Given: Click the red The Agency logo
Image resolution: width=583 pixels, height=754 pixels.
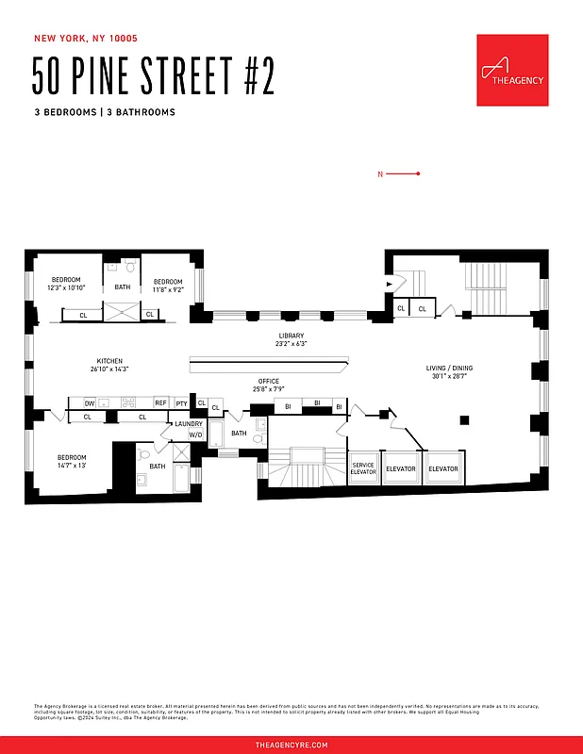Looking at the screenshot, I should tap(512, 71).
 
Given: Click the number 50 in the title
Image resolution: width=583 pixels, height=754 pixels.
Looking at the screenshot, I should tap(52, 76).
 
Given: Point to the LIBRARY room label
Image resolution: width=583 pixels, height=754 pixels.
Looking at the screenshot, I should tap(291, 336).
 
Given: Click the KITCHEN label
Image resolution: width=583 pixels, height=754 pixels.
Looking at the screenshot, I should tap(109, 361).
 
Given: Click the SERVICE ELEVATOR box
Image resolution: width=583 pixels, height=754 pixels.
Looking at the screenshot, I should tap(363, 468).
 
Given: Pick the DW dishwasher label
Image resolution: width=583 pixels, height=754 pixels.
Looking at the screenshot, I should tap(90, 402).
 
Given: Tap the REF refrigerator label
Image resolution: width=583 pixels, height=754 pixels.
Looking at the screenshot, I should tap(160, 402).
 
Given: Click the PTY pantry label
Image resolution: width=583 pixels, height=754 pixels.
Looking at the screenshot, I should tap(181, 402).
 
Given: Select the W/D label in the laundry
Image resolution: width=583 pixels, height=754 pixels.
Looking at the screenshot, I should tap(194, 434).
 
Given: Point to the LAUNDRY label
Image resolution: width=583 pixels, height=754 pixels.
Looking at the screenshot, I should tap(189, 424).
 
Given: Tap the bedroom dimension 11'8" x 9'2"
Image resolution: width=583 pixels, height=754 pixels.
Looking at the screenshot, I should tap(168, 288).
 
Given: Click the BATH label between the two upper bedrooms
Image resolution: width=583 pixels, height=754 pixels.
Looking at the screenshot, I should tap(123, 287).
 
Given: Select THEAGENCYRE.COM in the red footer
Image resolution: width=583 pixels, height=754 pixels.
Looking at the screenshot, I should tap(291, 745).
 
